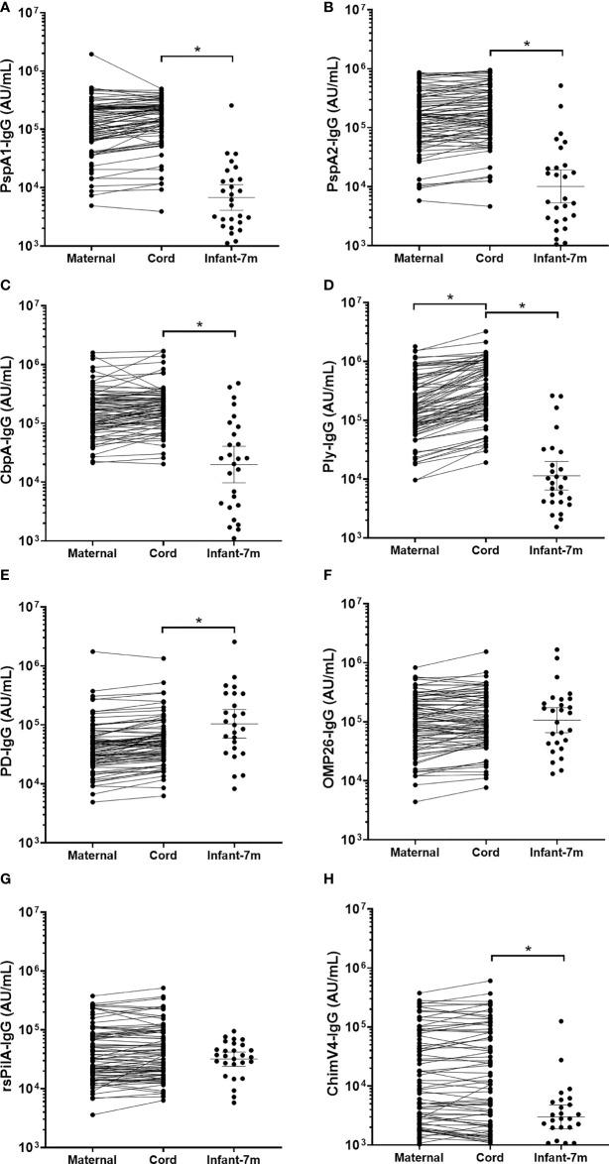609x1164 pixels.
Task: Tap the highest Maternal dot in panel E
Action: click(x=92, y=651)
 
